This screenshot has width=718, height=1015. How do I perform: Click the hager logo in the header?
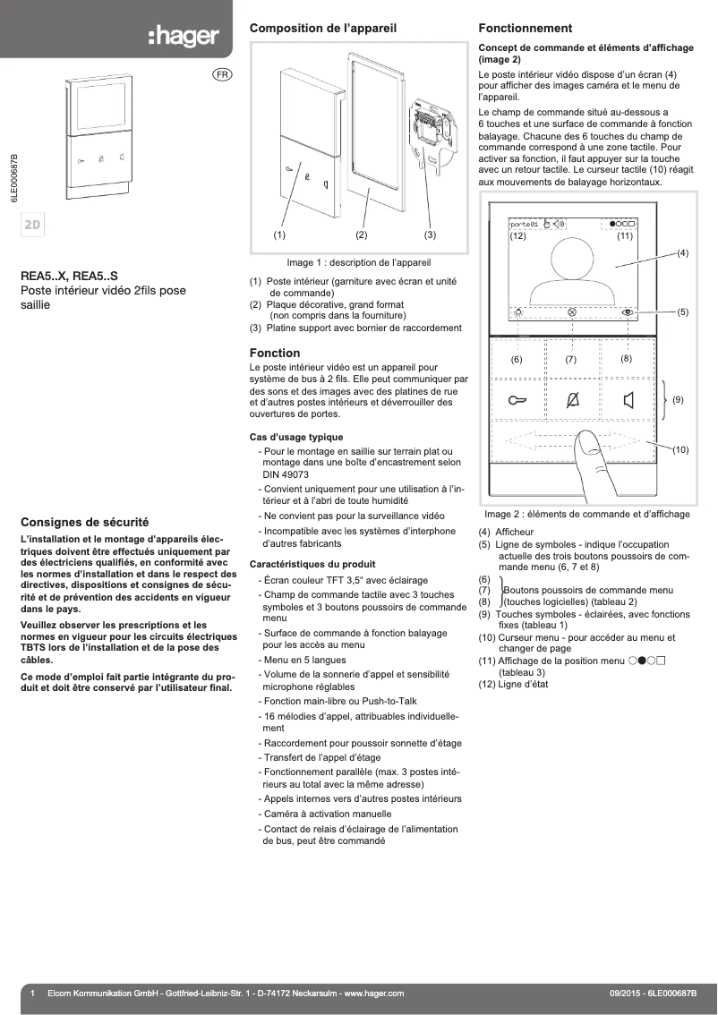click(x=183, y=36)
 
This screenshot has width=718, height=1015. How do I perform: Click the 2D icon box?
click(x=34, y=224)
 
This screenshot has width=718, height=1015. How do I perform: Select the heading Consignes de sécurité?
click(x=84, y=521)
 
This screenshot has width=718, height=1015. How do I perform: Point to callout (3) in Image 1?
click(x=430, y=235)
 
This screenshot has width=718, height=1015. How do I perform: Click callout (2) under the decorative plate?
click(x=362, y=235)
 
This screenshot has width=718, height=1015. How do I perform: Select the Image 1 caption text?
click(x=358, y=263)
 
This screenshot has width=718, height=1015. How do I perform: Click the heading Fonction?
click(x=274, y=353)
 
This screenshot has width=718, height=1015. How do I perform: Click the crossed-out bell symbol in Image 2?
click(x=573, y=400)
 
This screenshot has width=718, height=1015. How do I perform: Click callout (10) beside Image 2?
click(x=680, y=449)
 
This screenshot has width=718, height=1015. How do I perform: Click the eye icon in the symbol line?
click(x=628, y=312)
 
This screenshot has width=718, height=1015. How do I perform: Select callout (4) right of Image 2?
click(x=682, y=253)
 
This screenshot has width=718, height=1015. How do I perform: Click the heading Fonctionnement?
click(x=525, y=29)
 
